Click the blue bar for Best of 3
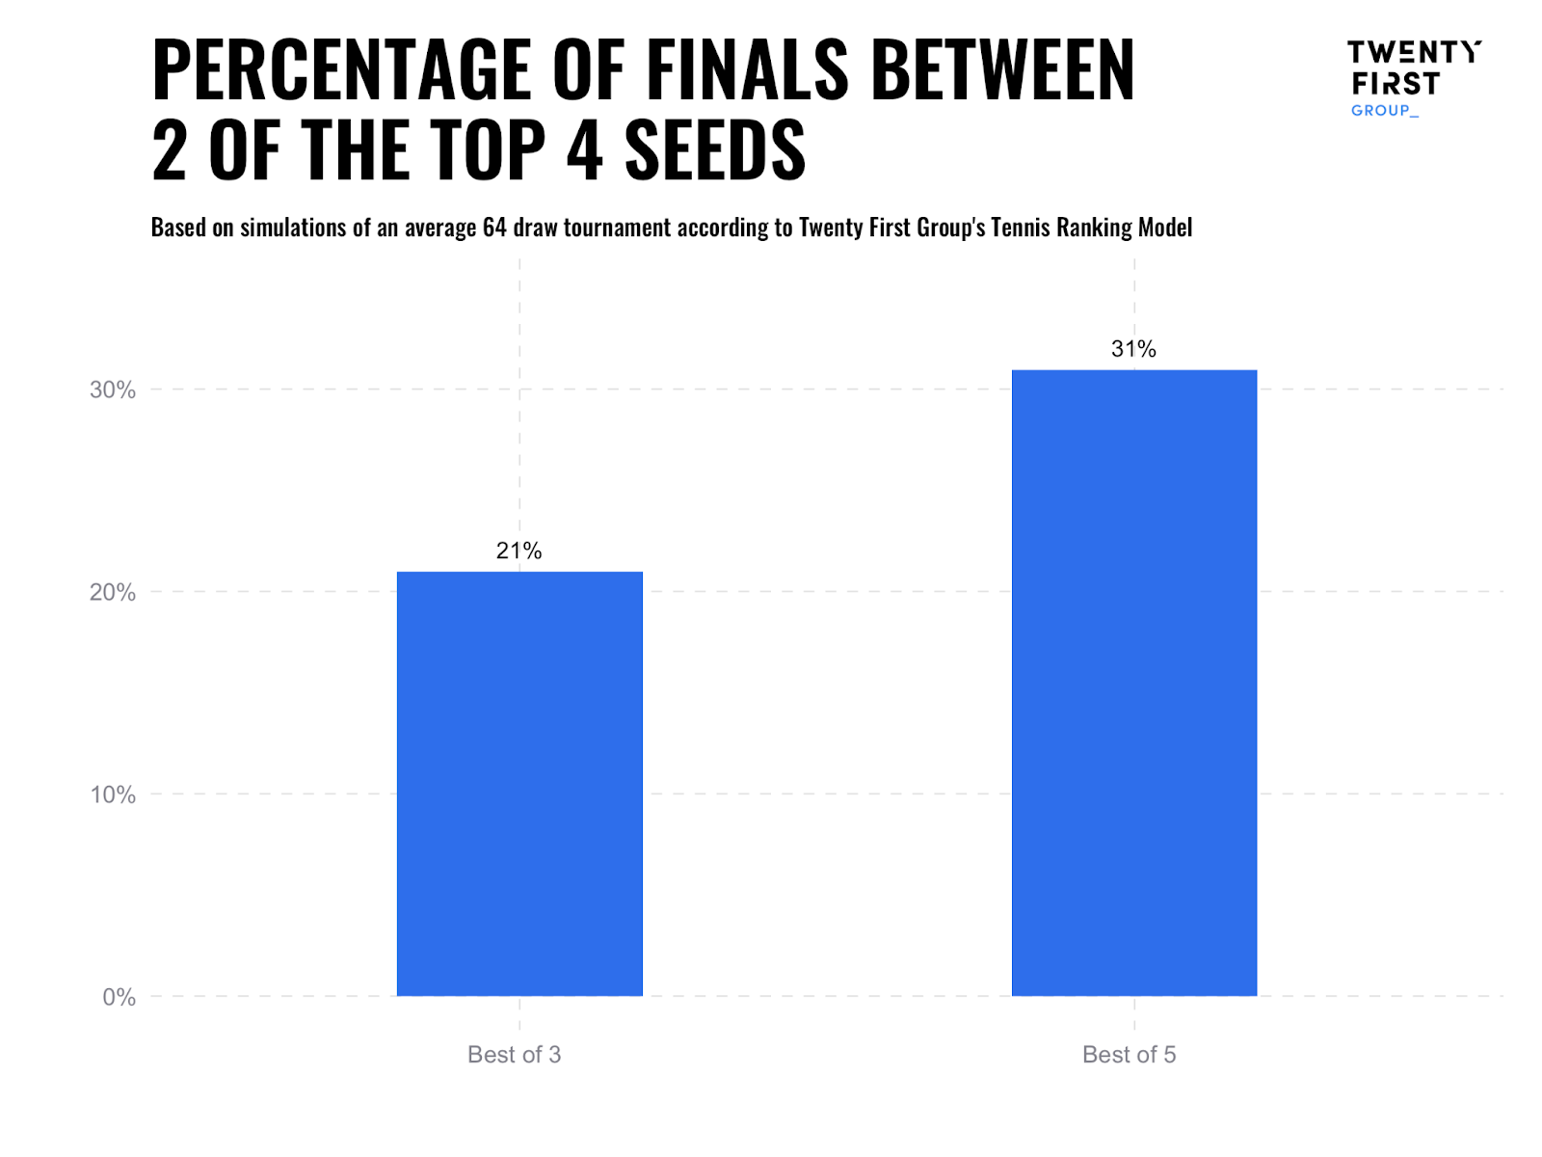[x=519, y=783]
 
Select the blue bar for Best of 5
[x=1133, y=683]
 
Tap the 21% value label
[x=518, y=551]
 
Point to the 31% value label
[x=1133, y=349]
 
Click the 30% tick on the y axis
[x=113, y=390]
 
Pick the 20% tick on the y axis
[x=113, y=592]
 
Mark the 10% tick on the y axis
[x=113, y=794]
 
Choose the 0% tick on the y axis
[x=119, y=997]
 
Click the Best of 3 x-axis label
[x=514, y=1055]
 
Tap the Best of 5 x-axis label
[x=1129, y=1055]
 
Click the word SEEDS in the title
[x=714, y=150]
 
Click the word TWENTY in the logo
[x=1413, y=52]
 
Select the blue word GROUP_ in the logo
[x=1384, y=111]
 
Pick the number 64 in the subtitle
[x=494, y=228]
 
